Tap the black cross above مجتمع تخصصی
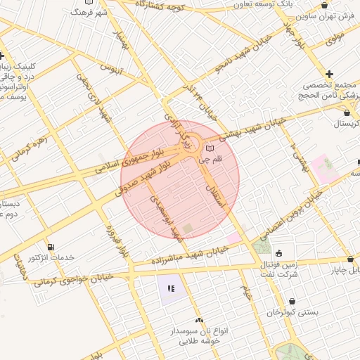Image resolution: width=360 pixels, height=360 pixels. tap(329, 74)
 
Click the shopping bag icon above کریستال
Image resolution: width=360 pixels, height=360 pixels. tap(347, 112)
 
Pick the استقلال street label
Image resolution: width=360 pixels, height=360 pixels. tap(215, 192)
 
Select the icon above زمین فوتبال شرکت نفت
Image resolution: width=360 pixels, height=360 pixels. tap(279, 254)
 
